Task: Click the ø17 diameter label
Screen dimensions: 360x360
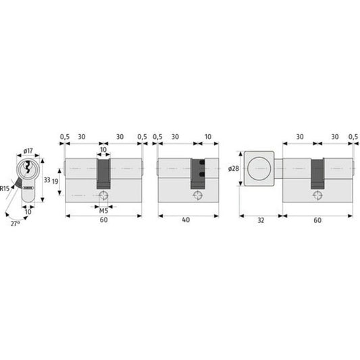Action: [x=28, y=151]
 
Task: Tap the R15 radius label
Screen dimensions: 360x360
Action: [x=5, y=188]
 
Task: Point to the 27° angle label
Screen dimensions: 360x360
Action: [x=15, y=224]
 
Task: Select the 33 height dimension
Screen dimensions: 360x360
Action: [x=47, y=180]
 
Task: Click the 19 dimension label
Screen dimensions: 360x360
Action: [x=55, y=182]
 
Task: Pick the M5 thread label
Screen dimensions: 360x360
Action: [x=103, y=211]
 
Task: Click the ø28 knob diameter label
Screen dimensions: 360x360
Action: [x=234, y=169]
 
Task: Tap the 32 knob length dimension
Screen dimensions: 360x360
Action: [x=261, y=220]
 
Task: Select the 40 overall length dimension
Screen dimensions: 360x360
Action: [x=186, y=220]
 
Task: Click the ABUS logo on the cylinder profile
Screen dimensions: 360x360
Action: [x=28, y=188]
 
